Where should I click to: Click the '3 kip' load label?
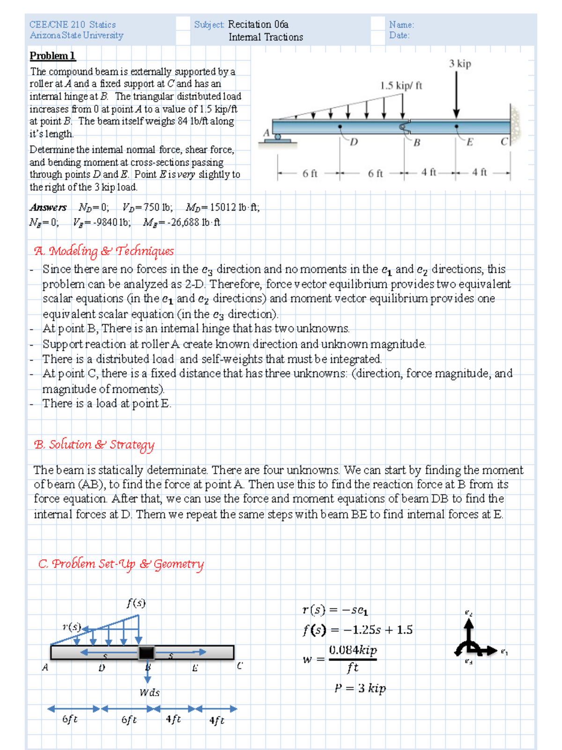[460, 64]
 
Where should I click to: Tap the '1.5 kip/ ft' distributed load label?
[401, 85]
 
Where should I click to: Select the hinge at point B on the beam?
[404, 127]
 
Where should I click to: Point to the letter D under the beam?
[354, 142]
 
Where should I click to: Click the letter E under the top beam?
[469, 142]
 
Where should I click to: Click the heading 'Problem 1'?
[52, 56]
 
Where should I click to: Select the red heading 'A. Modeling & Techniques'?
[104, 251]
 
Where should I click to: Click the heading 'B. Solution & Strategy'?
[94, 444]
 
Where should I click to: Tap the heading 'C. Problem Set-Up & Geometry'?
[121, 564]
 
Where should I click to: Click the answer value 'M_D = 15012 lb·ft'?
[222, 207]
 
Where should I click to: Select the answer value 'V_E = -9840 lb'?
[102, 222]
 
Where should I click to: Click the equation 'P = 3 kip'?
[360, 688]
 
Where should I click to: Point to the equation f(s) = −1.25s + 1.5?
[357, 630]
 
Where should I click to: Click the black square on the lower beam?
[146, 652]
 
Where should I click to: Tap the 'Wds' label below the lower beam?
[149, 692]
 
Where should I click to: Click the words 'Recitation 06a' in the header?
[258, 24]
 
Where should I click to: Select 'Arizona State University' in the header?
[76, 36]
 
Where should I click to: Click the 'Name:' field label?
[401, 25]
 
